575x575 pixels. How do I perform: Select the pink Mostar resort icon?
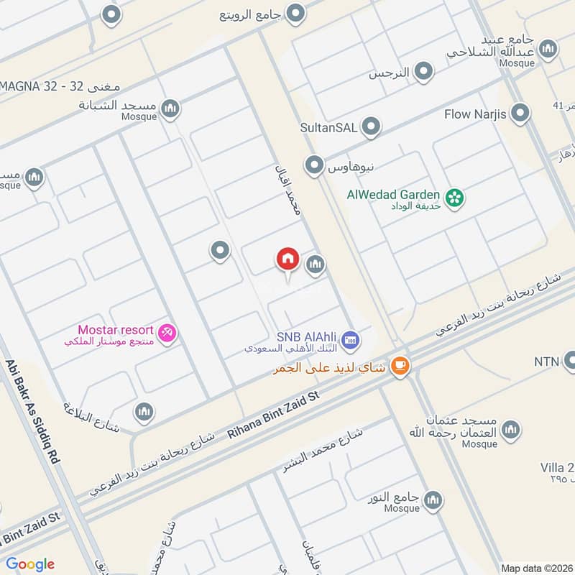pos(167,333)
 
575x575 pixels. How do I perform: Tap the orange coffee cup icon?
pos(400,367)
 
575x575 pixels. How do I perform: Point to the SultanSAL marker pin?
pos(371,127)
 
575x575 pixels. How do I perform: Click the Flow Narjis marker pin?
pos(519,114)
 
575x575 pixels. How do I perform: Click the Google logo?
pos(30,564)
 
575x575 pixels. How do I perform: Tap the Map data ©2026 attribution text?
pos(536,568)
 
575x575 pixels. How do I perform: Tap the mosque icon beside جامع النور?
pos(432,501)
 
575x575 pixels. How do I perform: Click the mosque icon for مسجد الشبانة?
pos(170,109)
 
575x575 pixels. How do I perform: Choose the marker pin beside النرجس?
pos(424,71)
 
